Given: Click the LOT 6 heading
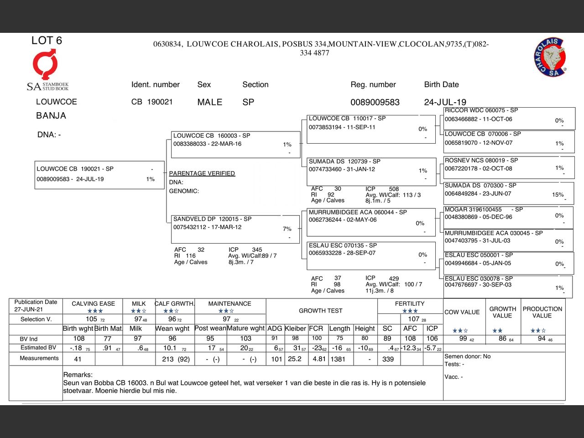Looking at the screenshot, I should pyautogui.click(x=47, y=41).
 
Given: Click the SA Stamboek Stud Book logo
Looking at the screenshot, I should pyautogui.click(x=47, y=71).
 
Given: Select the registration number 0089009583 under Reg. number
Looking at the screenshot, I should pyautogui.click(x=375, y=102).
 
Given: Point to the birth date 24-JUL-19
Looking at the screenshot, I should pyautogui.click(x=445, y=102).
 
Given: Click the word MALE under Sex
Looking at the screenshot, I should pyautogui.click(x=209, y=102).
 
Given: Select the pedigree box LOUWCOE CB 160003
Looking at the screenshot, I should pyautogui.click(x=235, y=144).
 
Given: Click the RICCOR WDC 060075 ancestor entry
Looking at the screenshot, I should pyautogui.click(x=509, y=118).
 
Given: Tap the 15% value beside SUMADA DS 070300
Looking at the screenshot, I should pyautogui.click(x=558, y=194).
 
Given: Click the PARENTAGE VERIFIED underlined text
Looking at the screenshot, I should pyautogui.click(x=202, y=173).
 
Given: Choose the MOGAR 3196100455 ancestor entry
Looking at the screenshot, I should pyautogui.click(x=509, y=217).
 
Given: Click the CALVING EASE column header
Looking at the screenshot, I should pyautogui.click(x=93, y=303).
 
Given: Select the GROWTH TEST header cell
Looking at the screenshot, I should pyautogui.click(x=320, y=311).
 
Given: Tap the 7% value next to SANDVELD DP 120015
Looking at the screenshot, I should pyautogui.click(x=287, y=229).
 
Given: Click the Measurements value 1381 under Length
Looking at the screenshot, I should pyautogui.click(x=338, y=359).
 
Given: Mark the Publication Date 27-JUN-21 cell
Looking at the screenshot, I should pyautogui.click(x=36, y=306).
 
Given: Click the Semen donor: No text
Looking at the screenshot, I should pyautogui.click(x=468, y=356).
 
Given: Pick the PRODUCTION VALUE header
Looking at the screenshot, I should pyautogui.click(x=542, y=312).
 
